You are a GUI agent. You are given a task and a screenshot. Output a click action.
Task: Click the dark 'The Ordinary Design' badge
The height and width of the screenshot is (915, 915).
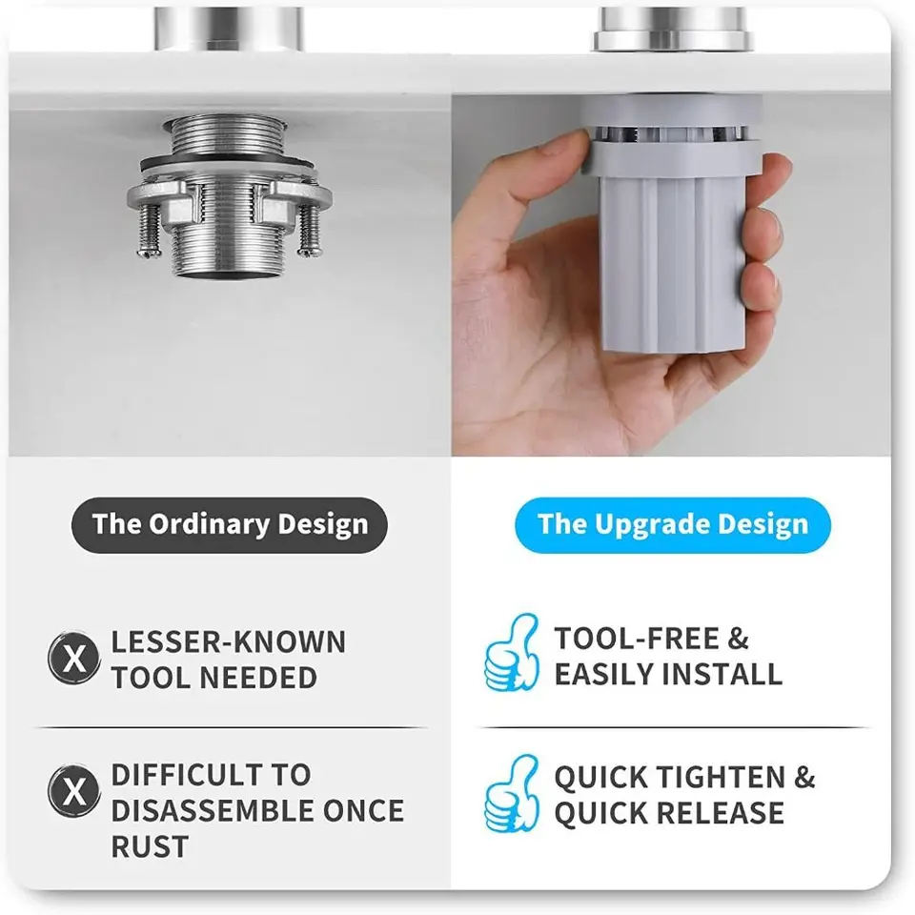click(230, 524)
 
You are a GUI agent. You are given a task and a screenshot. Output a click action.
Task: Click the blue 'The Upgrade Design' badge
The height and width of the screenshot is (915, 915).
click(673, 524)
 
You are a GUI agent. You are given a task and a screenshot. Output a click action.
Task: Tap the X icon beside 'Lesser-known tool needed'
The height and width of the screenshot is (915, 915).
click(74, 658)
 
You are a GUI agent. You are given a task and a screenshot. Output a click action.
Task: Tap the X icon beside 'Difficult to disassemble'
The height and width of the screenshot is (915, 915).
click(74, 791)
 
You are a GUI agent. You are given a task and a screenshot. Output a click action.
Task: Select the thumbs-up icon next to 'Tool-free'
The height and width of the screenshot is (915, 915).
click(512, 653)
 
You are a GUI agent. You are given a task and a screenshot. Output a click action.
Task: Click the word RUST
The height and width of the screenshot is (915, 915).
click(150, 846)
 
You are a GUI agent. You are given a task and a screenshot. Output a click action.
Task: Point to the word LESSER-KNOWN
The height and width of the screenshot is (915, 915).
click(229, 641)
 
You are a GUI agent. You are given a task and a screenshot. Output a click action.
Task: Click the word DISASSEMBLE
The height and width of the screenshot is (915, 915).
click(212, 810)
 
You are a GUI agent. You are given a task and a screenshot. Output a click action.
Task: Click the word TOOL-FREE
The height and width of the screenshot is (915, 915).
click(637, 638)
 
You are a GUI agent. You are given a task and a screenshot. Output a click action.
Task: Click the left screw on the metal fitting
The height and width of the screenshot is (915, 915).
click(149, 230)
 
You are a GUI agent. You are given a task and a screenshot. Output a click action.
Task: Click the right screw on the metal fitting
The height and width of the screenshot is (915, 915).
click(308, 230)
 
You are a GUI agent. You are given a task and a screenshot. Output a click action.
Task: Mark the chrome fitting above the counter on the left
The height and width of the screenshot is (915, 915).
click(229, 30)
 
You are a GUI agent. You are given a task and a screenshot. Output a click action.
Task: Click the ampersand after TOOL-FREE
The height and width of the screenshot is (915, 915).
click(738, 638)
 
